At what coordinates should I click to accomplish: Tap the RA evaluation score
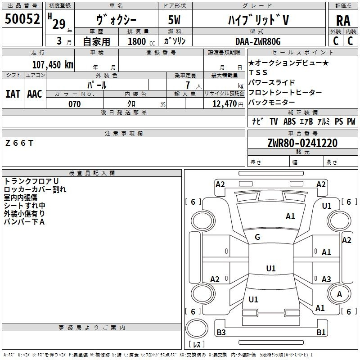pos(343,20)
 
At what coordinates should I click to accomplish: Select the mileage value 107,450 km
pos(53,65)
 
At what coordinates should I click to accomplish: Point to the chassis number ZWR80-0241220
pos(302,143)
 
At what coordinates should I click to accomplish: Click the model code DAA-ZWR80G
pos(257,41)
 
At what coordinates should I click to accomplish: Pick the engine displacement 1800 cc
pos(138,41)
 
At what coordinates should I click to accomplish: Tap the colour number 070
pos(74,104)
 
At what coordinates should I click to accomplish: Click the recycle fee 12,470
pos(224,104)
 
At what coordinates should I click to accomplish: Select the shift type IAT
pos(13,94)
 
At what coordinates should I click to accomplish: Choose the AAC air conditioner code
pos(35,94)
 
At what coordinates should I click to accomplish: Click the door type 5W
pos(175,20)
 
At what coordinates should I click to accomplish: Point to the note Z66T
pos(19,143)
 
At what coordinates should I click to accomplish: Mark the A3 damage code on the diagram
pos(326,279)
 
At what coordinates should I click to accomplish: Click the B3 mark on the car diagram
pos(221,333)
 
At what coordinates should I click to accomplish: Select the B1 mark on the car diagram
pos(321,333)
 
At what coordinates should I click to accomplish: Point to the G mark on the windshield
pos(257,237)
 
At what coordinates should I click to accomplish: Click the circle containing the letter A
pos(340,294)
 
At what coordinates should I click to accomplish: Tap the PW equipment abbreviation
pos(351,121)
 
